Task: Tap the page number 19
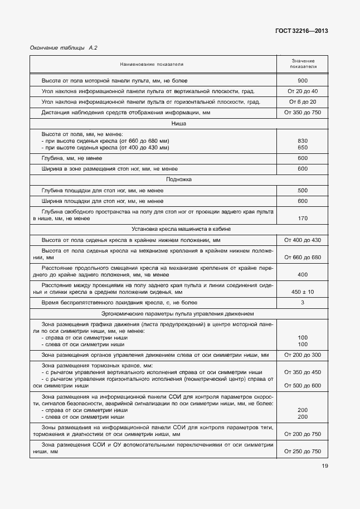[x=324, y=467]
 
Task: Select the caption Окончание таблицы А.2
[x=64, y=48]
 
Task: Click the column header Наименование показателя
[x=153, y=65]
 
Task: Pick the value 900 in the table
[x=303, y=80]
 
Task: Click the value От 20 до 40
[x=303, y=91]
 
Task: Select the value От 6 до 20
[x=303, y=102]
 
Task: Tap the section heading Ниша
[x=179, y=124]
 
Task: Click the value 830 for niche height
[x=303, y=140]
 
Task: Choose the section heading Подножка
[x=179, y=180]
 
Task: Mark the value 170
[x=303, y=219]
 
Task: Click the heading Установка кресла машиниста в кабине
[x=179, y=229]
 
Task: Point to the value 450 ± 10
[x=303, y=292]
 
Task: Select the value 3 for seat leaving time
[x=303, y=303]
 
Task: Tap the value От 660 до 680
[x=303, y=258]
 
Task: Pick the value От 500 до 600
[x=303, y=386]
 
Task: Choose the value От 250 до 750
[x=303, y=451]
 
